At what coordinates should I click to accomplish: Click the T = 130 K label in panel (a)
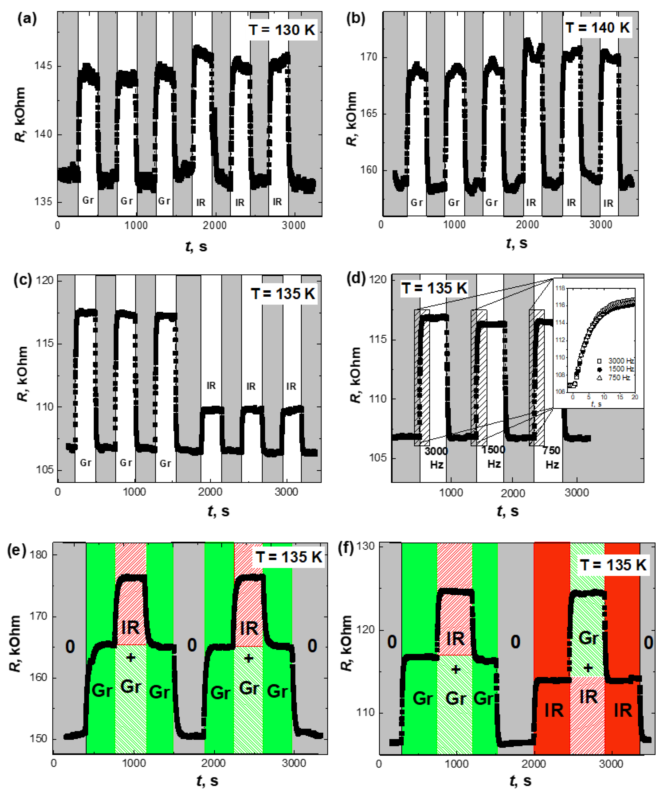282,30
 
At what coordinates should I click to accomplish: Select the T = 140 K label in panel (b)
598,27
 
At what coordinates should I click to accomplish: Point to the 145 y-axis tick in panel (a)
43,66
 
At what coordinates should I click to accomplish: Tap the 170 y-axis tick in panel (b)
369,57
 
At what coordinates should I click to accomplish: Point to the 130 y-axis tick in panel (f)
366,547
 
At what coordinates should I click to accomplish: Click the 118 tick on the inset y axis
560,288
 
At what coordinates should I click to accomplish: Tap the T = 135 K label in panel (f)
613,565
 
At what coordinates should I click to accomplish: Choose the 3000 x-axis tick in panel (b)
601,224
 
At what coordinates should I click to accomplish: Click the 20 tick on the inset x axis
635,397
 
